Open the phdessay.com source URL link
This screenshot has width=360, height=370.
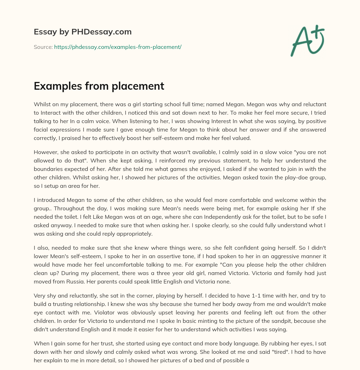click(117, 47)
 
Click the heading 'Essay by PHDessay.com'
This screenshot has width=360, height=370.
click(83, 32)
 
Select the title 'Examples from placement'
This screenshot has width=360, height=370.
click(99, 86)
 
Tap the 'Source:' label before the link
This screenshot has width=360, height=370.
click(43, 47)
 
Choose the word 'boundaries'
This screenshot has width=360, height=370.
click(48, 169)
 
